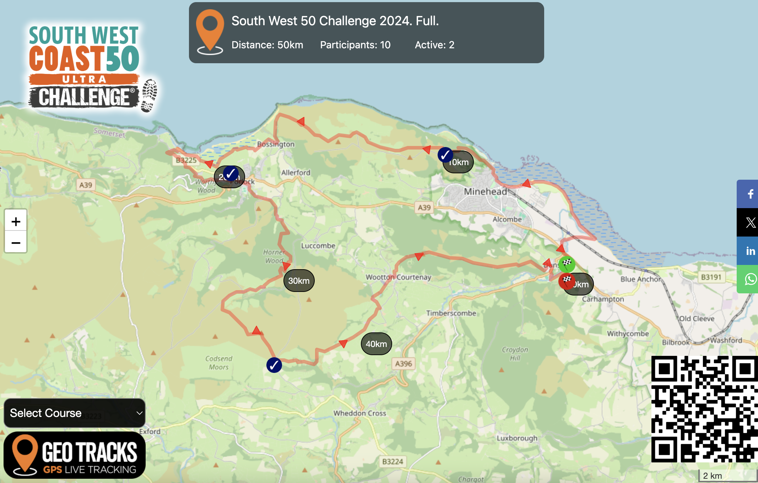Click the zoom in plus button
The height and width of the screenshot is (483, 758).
tap(16, 221)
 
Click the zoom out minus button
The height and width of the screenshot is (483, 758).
tap(16, 243)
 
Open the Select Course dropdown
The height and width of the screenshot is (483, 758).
tap(75, 413)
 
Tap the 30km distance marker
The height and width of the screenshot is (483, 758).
tap(299, 281)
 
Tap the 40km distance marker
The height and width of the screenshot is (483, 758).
tap(376, 344)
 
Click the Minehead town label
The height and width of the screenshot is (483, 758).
tap(485, 192)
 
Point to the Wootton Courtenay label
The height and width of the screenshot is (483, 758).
tap(398, 277)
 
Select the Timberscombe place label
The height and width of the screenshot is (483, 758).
tap(451, 313)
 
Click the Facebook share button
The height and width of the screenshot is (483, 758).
tap(750, 194)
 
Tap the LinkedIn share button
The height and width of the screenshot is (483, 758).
tap(750, 251)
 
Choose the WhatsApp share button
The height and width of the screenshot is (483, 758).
tap(750, 279)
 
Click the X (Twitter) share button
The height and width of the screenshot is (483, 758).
tap(750, 223)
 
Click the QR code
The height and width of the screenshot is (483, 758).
tap(704, 409)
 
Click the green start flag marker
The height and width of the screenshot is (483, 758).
tap(567, 264)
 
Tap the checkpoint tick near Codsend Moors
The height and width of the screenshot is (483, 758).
tap(274, 365)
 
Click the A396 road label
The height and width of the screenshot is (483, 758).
tap(404, 364)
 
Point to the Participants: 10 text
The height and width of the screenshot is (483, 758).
tap(355, 45)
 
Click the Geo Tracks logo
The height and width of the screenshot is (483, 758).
tap(75, 455)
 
